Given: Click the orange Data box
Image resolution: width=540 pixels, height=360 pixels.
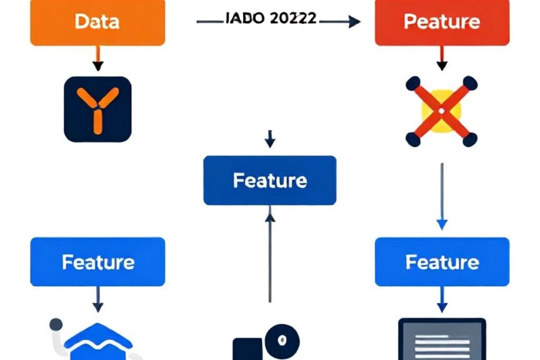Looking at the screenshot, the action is [97, 22].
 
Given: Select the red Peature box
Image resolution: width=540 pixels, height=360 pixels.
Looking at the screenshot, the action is [442, 22].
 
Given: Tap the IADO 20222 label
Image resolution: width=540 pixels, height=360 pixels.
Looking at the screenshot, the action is [271, 18].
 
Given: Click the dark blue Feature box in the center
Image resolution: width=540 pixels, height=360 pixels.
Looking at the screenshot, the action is [269, 180].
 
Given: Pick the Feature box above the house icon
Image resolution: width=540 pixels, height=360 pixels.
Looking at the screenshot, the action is [97, 261].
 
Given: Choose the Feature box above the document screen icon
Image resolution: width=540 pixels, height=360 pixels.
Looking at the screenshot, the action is [442, 261].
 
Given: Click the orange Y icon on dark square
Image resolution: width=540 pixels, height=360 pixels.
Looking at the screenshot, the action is [97, 109].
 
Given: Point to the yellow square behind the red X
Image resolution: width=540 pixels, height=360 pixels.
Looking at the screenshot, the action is [441, 111].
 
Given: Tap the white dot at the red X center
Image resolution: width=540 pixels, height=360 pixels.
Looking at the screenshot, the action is [441, 111].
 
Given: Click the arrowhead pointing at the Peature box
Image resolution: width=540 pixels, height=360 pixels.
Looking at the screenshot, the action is [354, 21].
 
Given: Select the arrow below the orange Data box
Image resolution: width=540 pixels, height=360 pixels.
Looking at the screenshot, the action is [97, 58].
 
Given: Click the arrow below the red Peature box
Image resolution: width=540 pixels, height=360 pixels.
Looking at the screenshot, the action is [442, 58].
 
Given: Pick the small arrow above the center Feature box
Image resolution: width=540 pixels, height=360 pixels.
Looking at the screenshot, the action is [270, 139].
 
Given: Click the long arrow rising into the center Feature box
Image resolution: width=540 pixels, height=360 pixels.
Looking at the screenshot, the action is [270, 254].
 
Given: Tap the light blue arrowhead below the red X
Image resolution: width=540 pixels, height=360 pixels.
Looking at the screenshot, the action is [442, 224].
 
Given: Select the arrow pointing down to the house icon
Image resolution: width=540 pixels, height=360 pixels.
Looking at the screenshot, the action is [97, 299].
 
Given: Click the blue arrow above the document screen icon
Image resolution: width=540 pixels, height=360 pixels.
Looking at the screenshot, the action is [442, 299].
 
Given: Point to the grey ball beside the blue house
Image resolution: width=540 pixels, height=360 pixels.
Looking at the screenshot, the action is [56, 324].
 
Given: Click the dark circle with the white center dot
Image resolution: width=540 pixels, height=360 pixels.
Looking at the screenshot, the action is [282, 341].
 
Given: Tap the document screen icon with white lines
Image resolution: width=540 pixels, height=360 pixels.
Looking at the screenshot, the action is [442, 339].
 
